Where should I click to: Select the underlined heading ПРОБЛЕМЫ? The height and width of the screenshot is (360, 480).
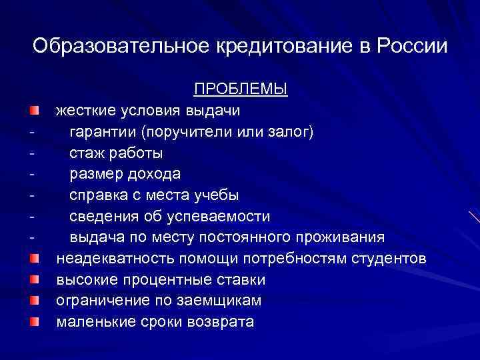pyautogui.click(x=241, y=89)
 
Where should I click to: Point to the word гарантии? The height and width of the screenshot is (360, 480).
pyautogui.click(x=101, y=131)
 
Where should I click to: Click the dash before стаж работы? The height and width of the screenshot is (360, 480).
pyautogui.click(x=31, y=153)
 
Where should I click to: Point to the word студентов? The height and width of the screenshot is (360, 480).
pyautogui.click(x=389, y=259)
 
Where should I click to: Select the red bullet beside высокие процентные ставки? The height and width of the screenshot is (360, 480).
pyautogui.click(x=33, y=279)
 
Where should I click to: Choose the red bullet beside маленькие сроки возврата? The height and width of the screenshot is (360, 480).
pyautogui.click(x=33, y=322)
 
